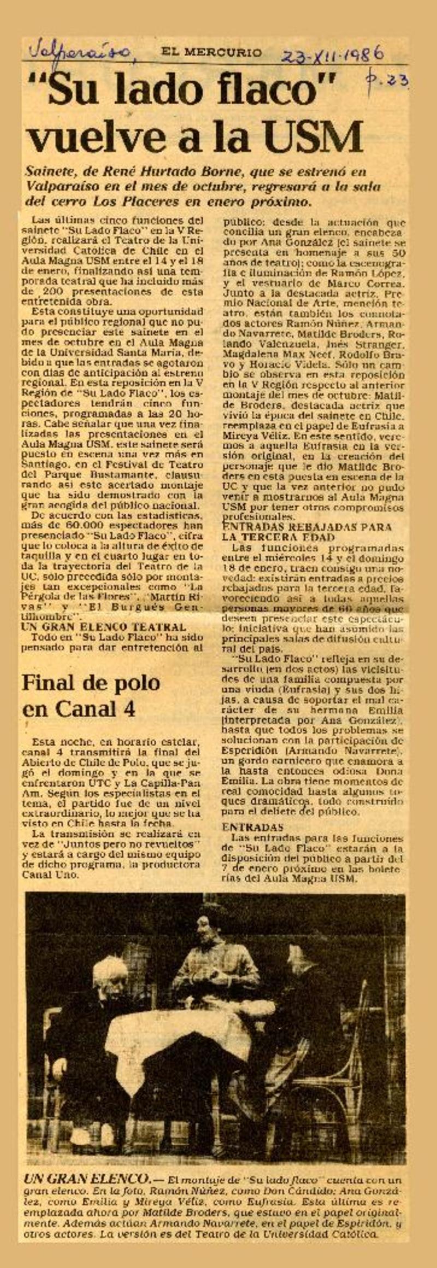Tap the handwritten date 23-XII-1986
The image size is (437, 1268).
coord(332,54)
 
